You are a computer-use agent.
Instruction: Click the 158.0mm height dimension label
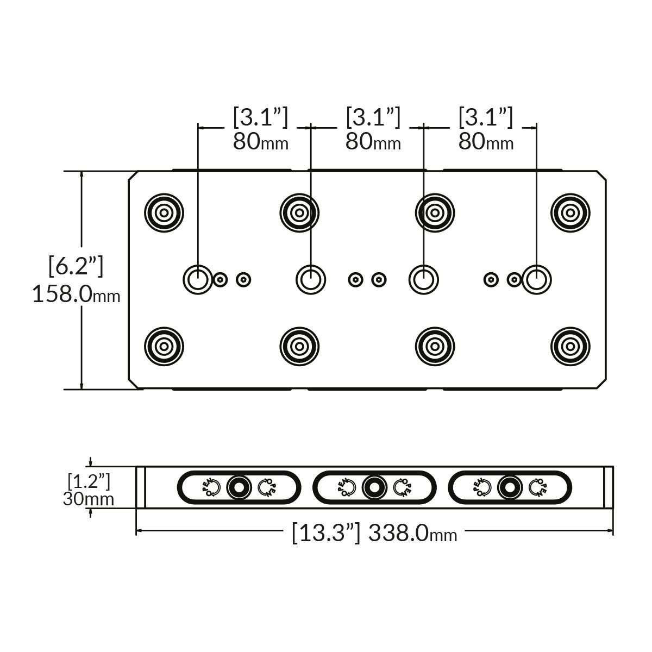(x=76, y=295)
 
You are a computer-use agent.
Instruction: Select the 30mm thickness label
(x=89, y=499)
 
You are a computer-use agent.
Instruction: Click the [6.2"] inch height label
(x=76, y=266)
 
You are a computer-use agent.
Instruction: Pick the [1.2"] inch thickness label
(x=89, y=481)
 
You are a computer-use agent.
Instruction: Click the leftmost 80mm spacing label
(x=260, y=142)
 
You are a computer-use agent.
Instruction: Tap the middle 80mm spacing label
(x=373, y=142)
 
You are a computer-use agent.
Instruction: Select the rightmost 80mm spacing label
(x=486, y=142)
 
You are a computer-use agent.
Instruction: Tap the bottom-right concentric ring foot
(x=570, y=346)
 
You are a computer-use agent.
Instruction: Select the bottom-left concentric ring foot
(x=164, y=346)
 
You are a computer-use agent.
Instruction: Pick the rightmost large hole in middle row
(x=536, y=279)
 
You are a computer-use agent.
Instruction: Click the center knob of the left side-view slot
(x=238, y=487)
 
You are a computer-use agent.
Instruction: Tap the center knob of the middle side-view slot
(x=374, y=487)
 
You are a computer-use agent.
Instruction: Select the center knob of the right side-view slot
(x=510, y=487)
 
